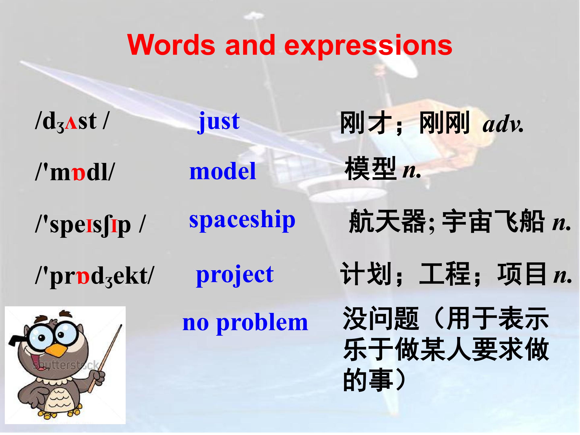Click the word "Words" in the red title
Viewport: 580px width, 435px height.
[171, 45]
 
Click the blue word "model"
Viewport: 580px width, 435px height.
[223, 171]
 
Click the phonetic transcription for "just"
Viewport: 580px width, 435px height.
[71, 122]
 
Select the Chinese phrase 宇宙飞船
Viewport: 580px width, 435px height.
[493, 221]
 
